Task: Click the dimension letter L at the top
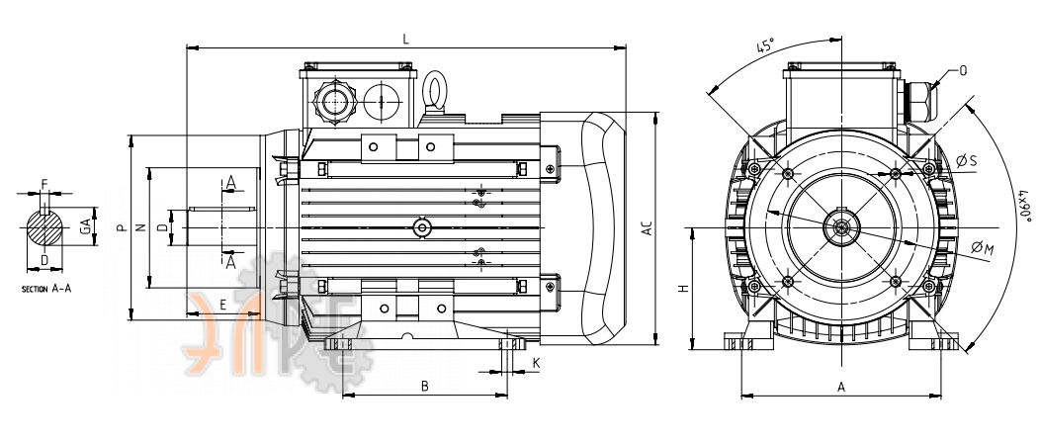(x=406, y=40)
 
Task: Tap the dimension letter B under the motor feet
(x=425, y=387)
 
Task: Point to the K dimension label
(x=537, y=363)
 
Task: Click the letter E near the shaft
(x=222, y=306)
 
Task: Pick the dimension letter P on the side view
(x=121, y=228)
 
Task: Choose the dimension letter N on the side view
(x=140, y=228)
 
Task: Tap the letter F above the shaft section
(x=44, y=183)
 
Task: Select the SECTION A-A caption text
(x=46, y=289)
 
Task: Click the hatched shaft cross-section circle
(x=45, y=227)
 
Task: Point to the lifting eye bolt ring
(x=435, y=87)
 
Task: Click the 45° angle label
(x=765, y=46)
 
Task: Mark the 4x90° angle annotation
(x=1025, y=206)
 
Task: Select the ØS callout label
(x=967, y=160)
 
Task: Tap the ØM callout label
(x=983, y=248)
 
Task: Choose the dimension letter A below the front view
(x=841, y=388)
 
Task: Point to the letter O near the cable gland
(x=963, y=70)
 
